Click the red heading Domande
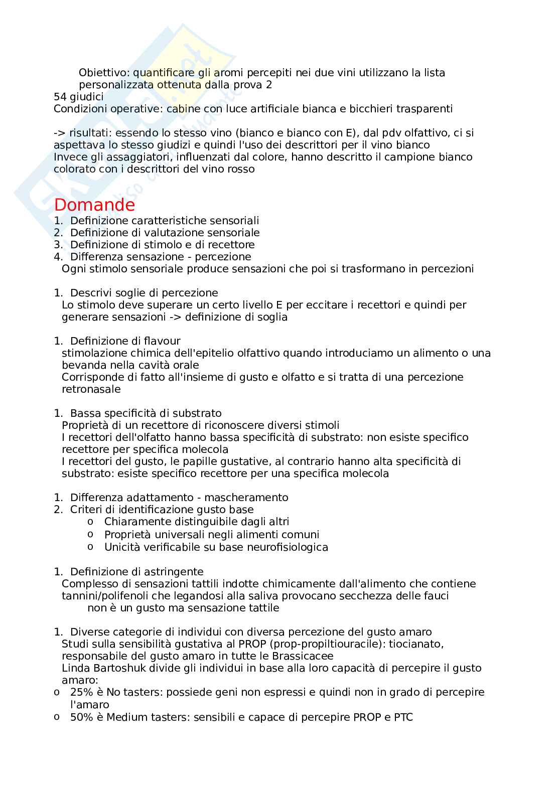[x=94, y=205]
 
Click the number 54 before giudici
[x=60, y=97]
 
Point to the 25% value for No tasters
[x=80, y=692]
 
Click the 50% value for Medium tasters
[x=80, y=717]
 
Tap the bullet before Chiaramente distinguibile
[x=90, y=522]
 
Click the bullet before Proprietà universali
[x=90, y=534]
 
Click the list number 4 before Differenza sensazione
[x=57, y=257]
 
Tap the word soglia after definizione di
[x=271, y=317]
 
